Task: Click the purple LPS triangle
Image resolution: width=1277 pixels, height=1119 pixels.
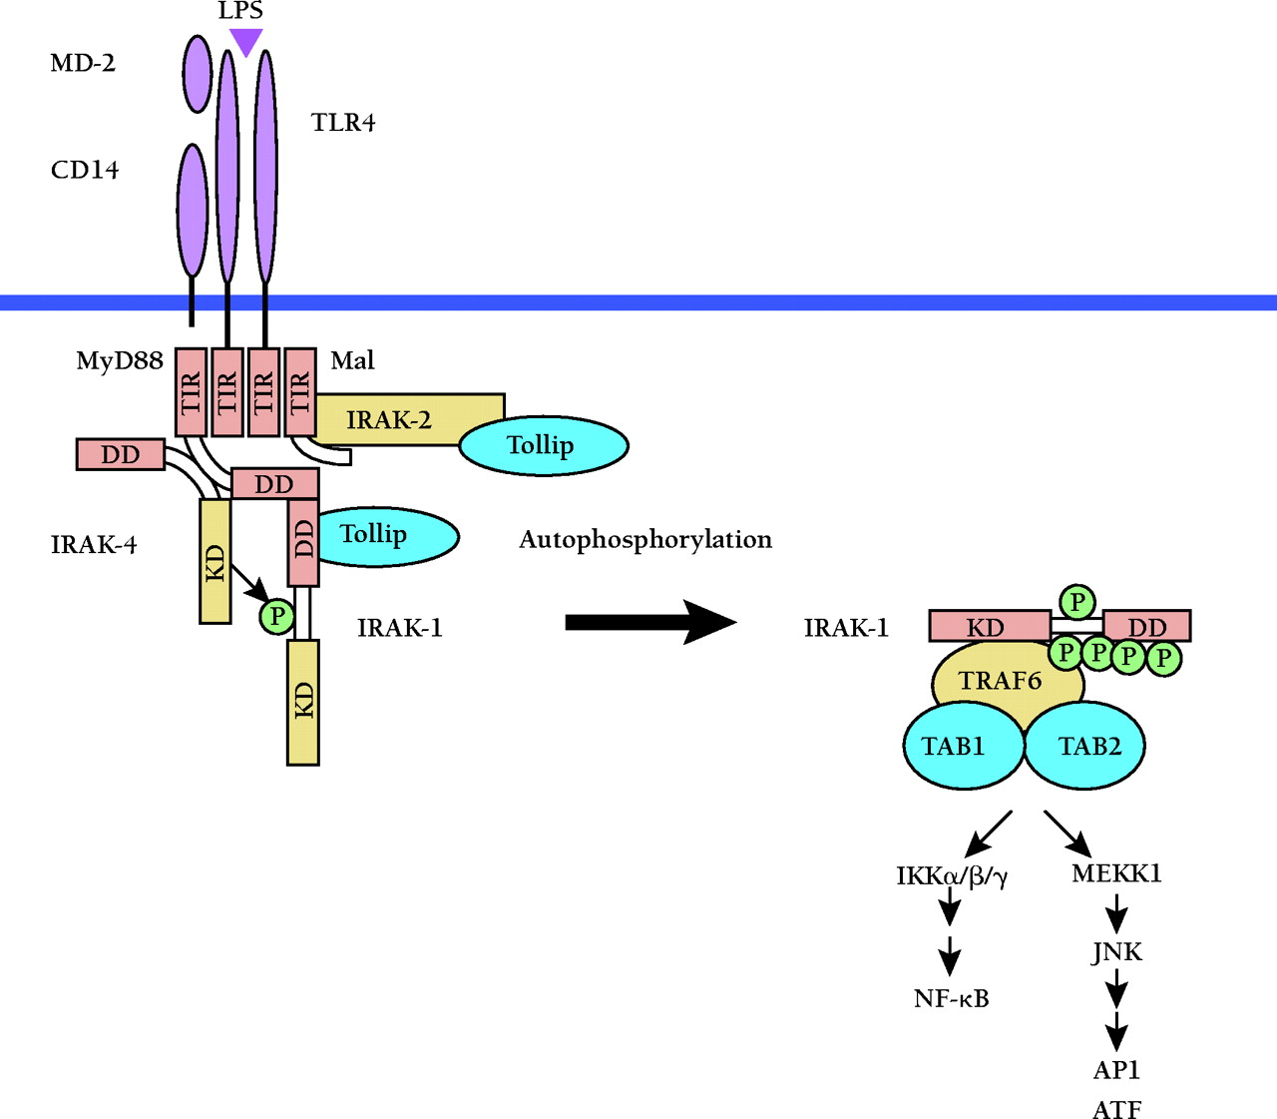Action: pyautogui.click(x=245, y=41)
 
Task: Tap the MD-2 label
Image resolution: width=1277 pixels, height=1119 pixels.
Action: pyautogui.click(x=83, y=63)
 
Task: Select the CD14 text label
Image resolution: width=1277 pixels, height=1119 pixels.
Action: pyautogui.click(x=85, y=170)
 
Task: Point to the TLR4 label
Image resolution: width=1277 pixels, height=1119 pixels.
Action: pyautogui.click(x=343, y=123)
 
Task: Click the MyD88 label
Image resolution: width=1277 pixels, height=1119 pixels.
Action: pyautogui.click(x=120, y=360)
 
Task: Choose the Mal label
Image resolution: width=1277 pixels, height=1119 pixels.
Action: pyautogui.click(x=352, y=360)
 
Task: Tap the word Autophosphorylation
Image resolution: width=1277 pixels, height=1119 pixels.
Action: pyautogui.click(x=645, y=540)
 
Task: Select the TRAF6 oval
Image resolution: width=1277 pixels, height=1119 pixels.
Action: pyautogui.click(x=1001, y=681)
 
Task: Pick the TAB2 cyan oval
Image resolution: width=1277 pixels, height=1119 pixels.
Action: pyautogui.click(x=1088, y=746)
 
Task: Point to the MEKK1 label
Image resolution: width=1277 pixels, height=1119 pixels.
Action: pyautogui.click(x=1116, y=873)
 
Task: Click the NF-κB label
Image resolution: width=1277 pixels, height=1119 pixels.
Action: pyautogui.click(x=951, y=998)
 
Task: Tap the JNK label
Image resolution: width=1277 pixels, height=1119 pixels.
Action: pyautogui.click(x=1117, y=951)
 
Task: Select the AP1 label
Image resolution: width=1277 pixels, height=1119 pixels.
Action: pyautogui.click(x=1116, y=1070)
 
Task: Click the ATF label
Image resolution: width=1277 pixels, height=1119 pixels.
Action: pyautogui.click(x=1116, y=1109)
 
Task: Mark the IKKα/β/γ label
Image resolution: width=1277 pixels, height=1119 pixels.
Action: pyautogui.click(x=952, y=876)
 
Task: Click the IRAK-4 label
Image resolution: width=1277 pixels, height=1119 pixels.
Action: pyautogui.click(x=94, y=545)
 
